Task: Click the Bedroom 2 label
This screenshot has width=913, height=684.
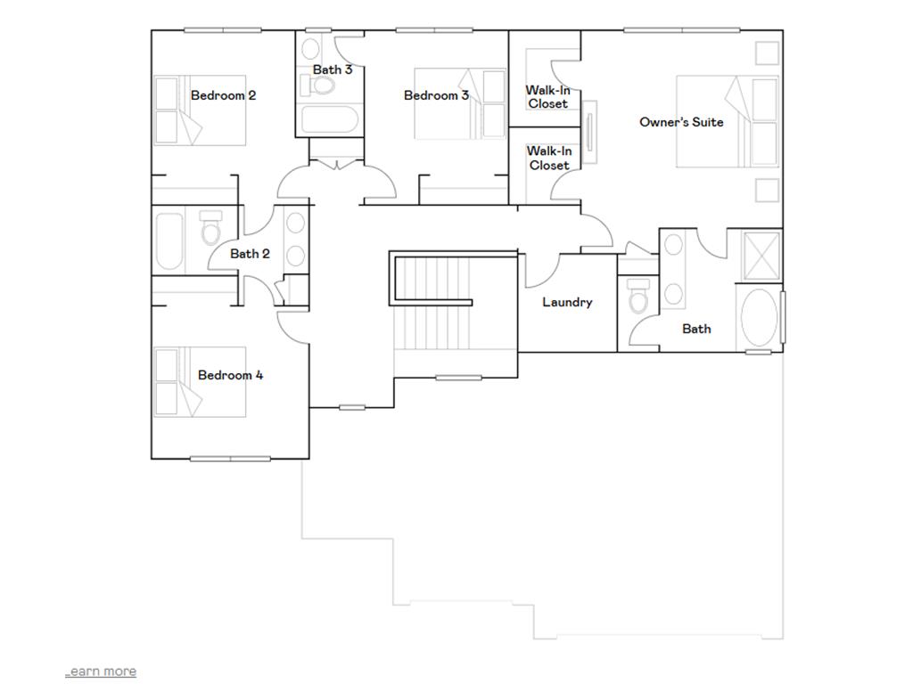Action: tap(223, 95)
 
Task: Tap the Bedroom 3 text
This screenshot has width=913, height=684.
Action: tap(436, 95)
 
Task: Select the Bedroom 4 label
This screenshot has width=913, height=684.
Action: tap(230, 375)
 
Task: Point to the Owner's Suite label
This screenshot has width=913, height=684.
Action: tap(681, 122)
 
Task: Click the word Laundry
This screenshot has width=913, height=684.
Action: tap(567, 302)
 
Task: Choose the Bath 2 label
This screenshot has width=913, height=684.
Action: tap(250, 254)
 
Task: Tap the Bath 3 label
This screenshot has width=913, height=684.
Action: tap(332, 69)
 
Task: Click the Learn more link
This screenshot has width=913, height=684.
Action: tap(101, 671)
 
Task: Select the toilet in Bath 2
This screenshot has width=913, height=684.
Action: tap(210, 229)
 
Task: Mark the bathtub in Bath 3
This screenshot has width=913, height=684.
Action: tap(329, 120)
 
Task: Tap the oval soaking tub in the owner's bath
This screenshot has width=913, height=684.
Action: tap(760, 317)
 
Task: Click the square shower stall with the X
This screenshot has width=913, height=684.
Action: tap(761, 255)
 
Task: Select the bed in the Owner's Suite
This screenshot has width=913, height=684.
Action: tap(726, 122)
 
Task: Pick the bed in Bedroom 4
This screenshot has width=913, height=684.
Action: tap(200, 382)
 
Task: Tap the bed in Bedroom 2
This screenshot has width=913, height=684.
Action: tap(200, 110)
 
